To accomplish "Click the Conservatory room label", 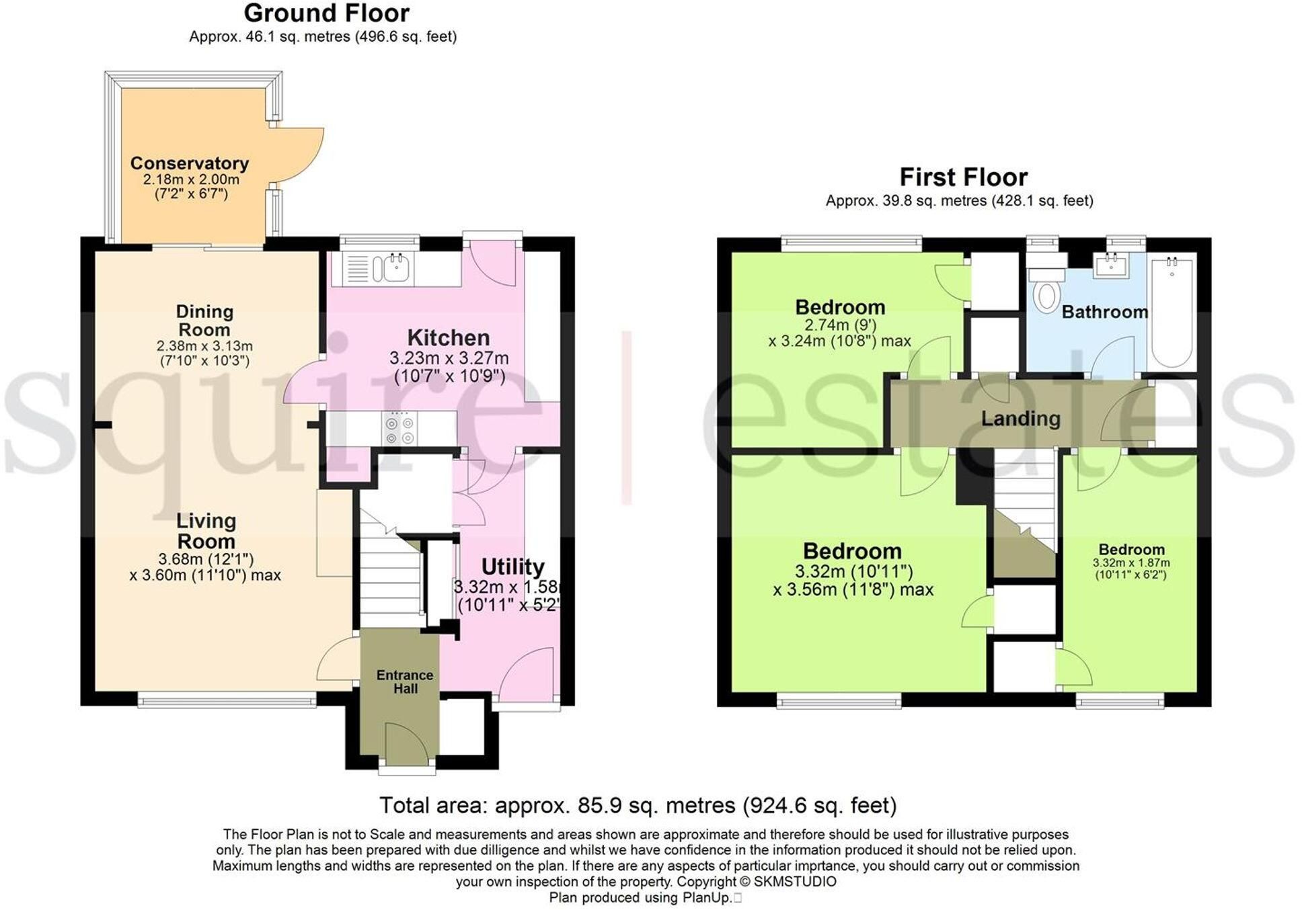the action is [x=190, y=163].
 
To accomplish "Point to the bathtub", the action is [x=1172, y=311].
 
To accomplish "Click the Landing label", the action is [x=1020, y=419].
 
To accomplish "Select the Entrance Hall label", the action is [x=405, y=681].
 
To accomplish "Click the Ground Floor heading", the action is [x=326, y=13].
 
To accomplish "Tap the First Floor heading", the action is [x=963, y=177].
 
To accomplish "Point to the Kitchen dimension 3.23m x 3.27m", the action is [x=449, y=358].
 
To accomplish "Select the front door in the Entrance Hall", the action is [x=407, y=744].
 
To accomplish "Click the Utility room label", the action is [x=512, y=567].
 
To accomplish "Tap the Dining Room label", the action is [x=204, y=321].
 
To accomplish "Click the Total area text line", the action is [x=638, y=805].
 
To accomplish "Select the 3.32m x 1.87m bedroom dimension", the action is [x=1131, y=563].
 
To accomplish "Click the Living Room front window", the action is [x=227, y=702].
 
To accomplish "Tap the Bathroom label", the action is [x=1104, y=312].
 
